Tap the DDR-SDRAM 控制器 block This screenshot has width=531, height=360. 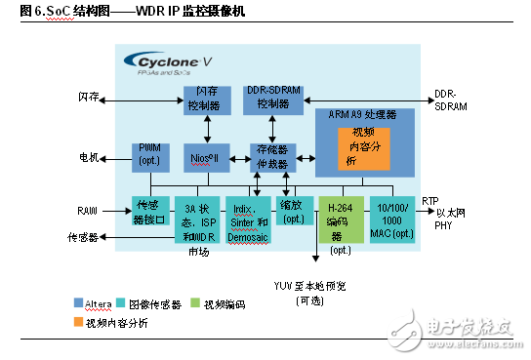click(273, 98)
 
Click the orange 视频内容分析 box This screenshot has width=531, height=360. click(362, 146)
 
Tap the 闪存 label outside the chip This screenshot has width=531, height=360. click(89, 98)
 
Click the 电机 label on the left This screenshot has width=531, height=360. click(89, 155)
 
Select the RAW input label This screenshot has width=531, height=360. click(89, 209)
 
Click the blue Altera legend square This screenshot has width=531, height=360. click(77, 303)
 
